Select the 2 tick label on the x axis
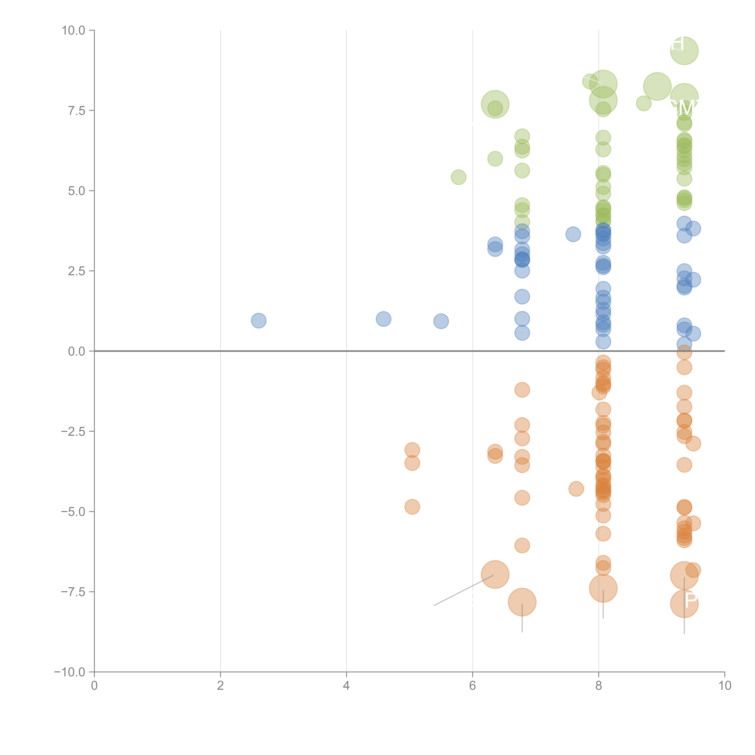pyautogui.click(x=220, y=686)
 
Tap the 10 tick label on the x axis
pyautogui.click(x=724, y=686)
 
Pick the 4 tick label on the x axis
pyautogui.click(x=346, y=686)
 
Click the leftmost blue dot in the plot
pyautogui.click(x=258, y=320)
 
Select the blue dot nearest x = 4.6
pyautogui.click(x=383, y=319)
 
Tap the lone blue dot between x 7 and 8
pyautogui.click(x=573, y=234)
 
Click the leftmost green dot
pyautogui.click(x=458, y=177)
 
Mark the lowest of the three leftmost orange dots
pyautogui.click(x=412, y=507)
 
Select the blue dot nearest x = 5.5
pyautogui.click(x=441, y=321)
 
